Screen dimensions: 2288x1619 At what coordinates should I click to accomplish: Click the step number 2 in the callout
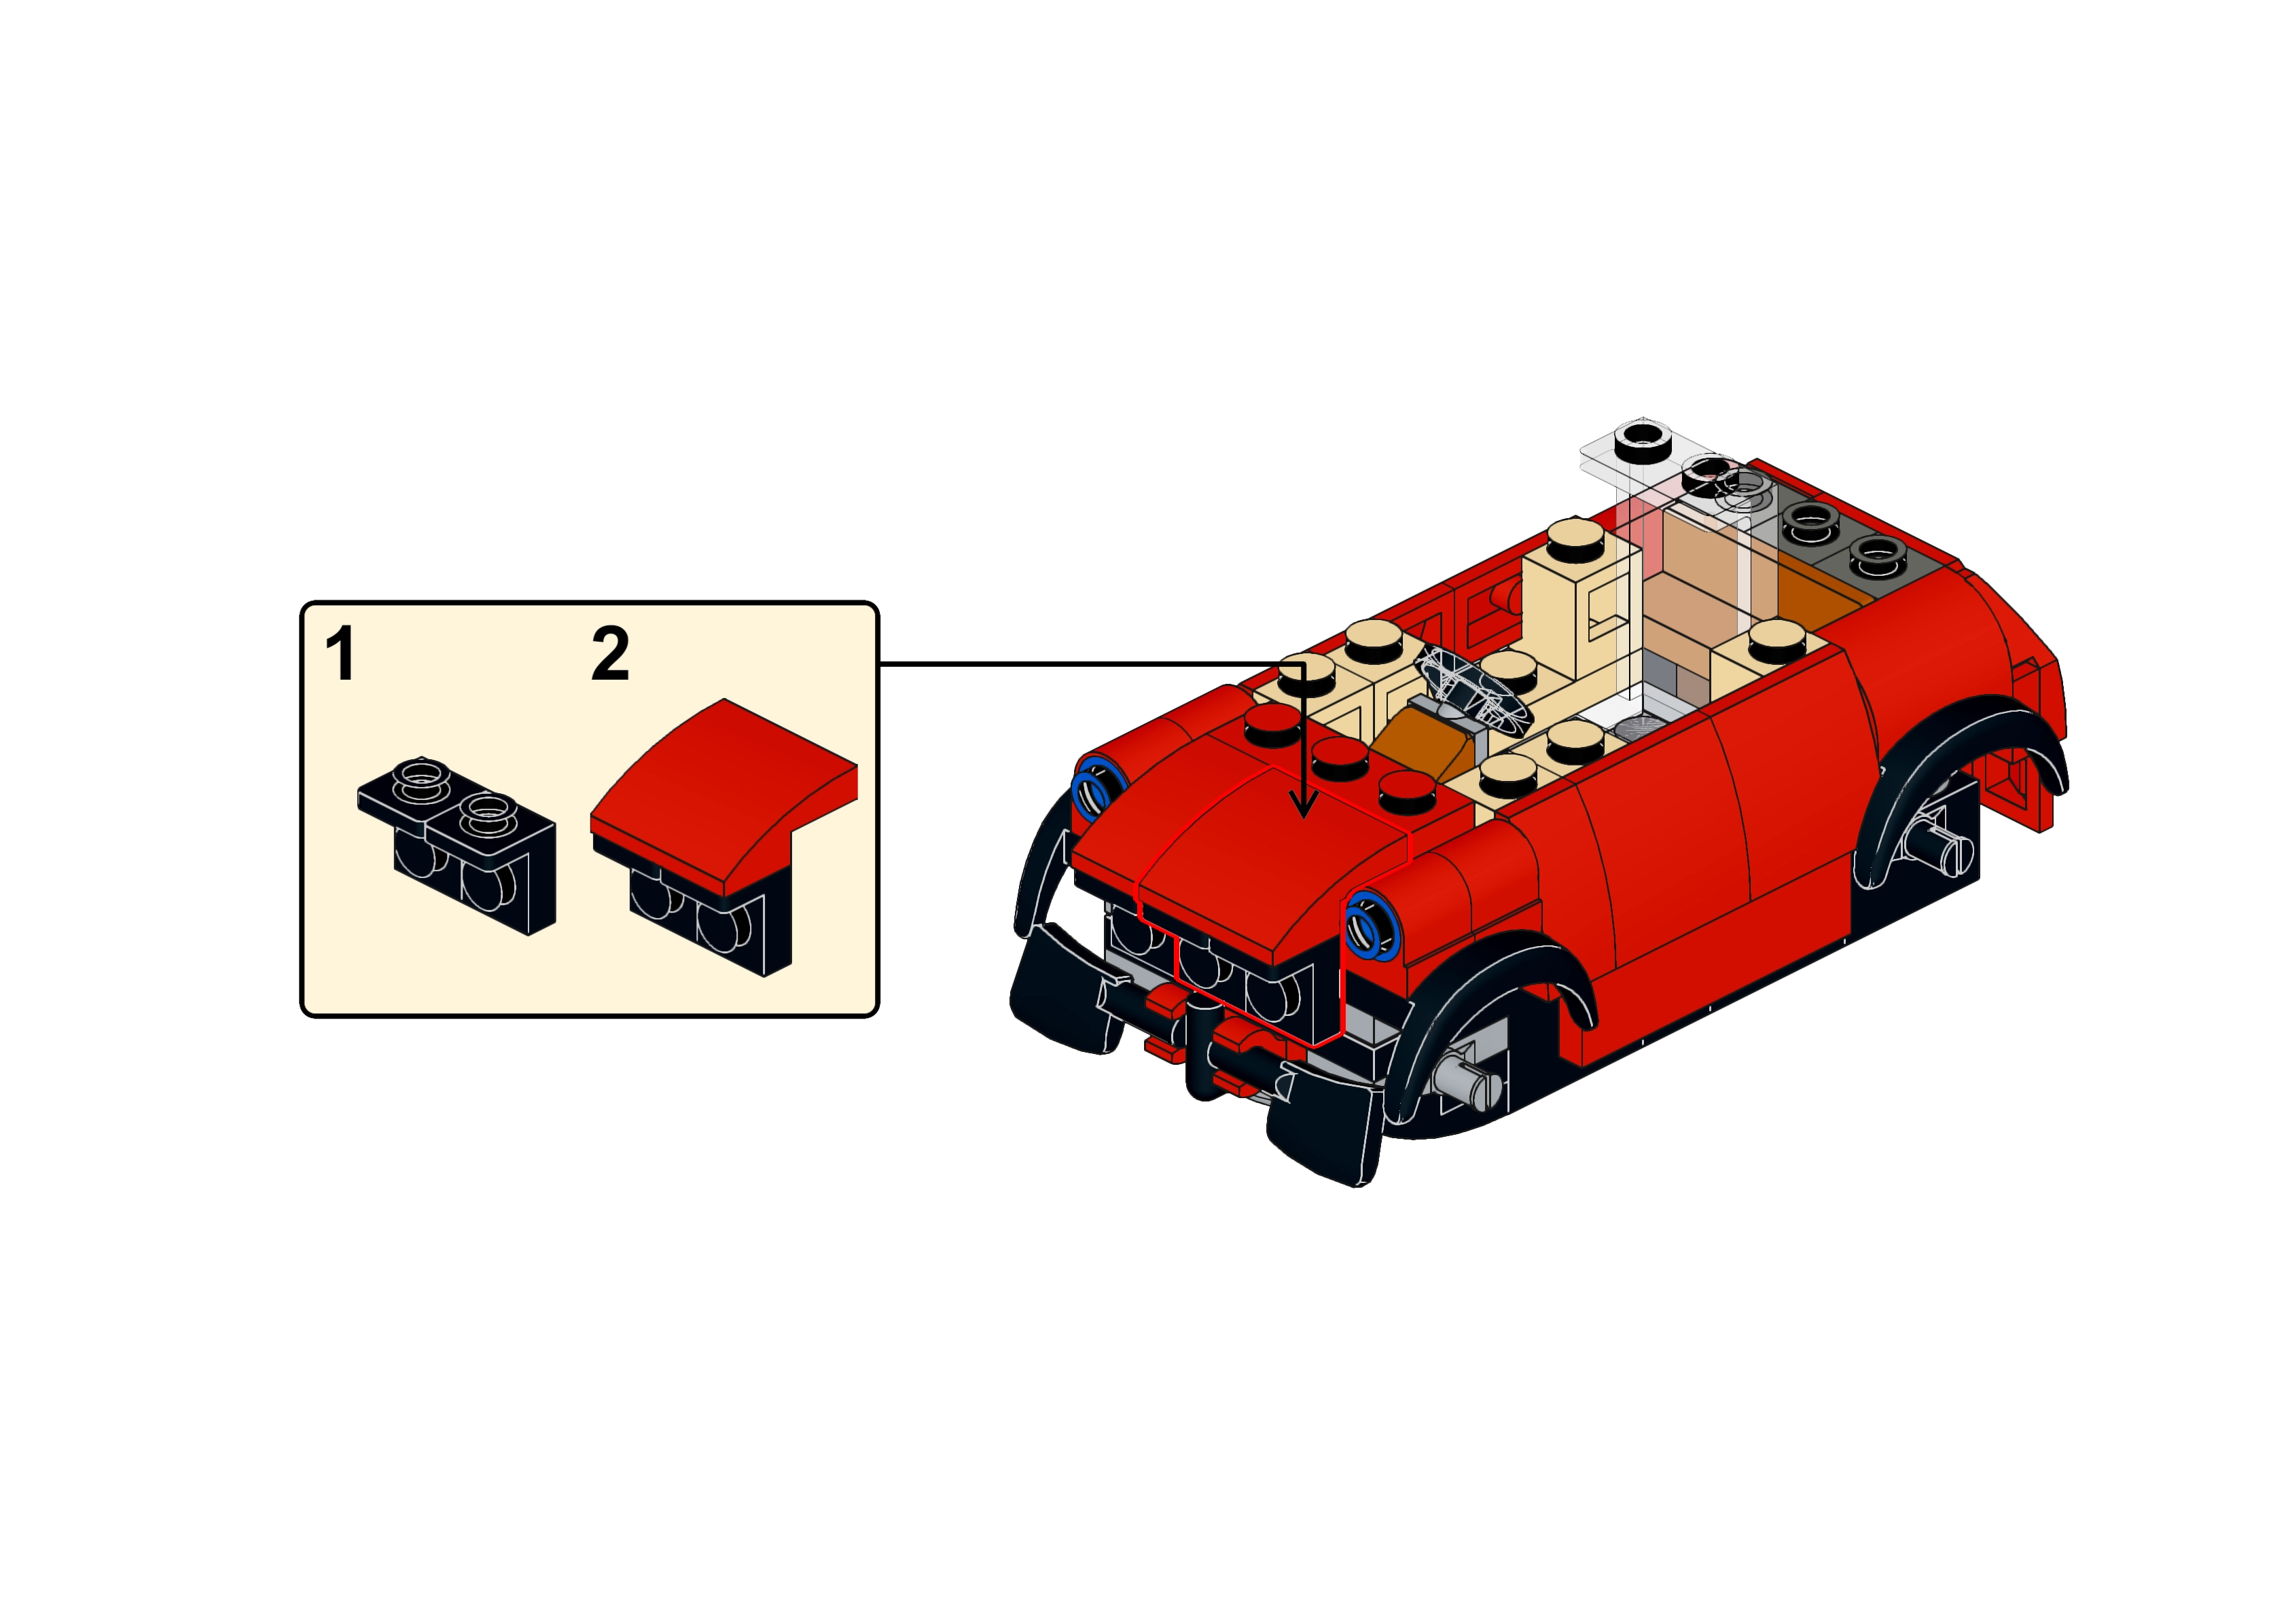click(610, 654)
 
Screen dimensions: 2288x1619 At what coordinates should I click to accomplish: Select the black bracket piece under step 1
click(457, 846)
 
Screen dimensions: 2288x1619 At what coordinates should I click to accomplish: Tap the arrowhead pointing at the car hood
click(1302, 805)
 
